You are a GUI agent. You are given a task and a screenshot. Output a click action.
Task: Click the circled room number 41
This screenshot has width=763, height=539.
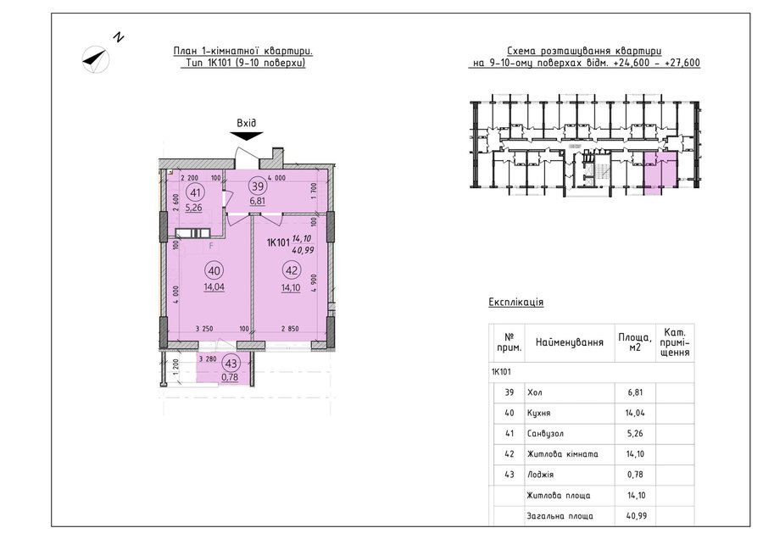coord(195,192)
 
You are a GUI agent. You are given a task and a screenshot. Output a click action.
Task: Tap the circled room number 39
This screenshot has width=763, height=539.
coord(257,186)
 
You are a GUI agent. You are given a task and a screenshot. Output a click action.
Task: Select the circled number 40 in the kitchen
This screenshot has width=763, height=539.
coord(214,271)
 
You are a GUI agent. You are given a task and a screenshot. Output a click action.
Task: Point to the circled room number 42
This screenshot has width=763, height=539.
coord(291,271)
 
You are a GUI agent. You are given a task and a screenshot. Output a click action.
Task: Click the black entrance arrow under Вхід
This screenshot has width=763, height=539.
coord(247,136)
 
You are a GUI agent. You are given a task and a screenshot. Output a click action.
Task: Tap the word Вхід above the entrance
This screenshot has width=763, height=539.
coord(246,123)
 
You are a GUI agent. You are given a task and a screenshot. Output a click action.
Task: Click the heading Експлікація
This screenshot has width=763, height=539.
coord(515,302)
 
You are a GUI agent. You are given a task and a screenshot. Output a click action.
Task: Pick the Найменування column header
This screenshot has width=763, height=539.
coord(570,342)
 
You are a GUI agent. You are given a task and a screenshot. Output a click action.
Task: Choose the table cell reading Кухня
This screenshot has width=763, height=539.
coord(538,413)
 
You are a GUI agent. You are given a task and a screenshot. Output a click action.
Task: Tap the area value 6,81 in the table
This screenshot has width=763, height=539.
coord(636,392)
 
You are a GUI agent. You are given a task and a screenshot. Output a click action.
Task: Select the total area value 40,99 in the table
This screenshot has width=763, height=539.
coord(637,515)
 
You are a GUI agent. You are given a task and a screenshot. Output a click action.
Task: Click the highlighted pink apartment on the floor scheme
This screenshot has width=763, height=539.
coord(660,174)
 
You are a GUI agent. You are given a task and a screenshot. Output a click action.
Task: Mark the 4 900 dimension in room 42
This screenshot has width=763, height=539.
coord(315,282)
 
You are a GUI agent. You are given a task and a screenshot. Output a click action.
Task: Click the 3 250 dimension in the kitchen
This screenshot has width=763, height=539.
coord(204,329)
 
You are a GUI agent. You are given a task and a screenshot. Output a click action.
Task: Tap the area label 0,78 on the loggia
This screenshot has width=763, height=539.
coord(230,377)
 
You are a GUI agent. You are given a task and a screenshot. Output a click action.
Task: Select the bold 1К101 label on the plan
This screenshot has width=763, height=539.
coord(278,242)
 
